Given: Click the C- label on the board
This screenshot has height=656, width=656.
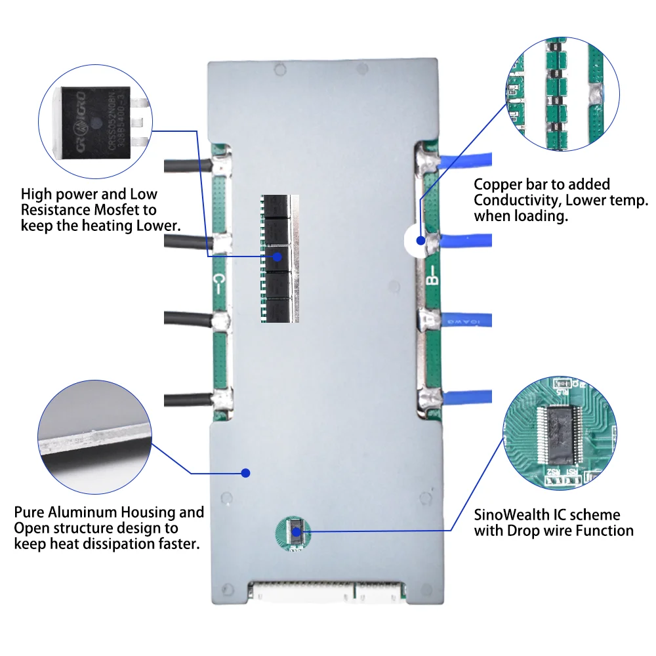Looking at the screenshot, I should click(x=221, y=283).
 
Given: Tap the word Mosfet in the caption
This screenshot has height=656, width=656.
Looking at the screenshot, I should click(x=133, y=210).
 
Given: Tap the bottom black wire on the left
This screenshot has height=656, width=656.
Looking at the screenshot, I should click(x=187, y=398).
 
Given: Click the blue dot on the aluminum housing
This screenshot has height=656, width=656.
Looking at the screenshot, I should click(x=246, y=472).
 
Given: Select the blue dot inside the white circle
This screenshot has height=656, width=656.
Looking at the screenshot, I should click(x=420, y=241).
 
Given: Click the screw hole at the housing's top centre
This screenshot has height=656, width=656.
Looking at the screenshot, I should click(x=280, y=68).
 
